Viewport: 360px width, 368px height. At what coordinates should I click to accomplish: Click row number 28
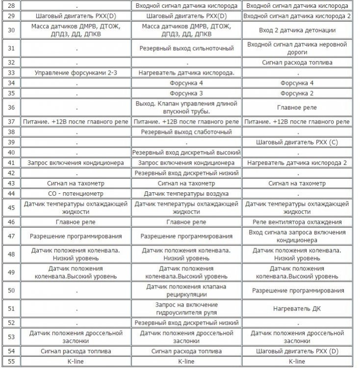pos(11,6)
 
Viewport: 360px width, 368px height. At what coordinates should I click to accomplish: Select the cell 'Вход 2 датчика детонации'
pos(297,30)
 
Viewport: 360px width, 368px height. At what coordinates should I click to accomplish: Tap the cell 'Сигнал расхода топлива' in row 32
pos(297,63)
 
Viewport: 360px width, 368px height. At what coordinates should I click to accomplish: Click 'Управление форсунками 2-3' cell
pos(76,73)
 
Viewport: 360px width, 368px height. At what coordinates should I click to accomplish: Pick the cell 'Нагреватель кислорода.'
pos(186,73)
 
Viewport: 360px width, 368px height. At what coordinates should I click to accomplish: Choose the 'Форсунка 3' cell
pos(186,93)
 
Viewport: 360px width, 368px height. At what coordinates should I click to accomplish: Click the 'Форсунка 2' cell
pos(297,93)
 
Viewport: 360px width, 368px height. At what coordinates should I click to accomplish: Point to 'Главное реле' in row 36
pos(297,107)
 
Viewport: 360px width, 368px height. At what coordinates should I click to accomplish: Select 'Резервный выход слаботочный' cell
pos(186,132)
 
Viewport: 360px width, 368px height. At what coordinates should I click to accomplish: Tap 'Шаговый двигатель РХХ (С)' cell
pos(297,142)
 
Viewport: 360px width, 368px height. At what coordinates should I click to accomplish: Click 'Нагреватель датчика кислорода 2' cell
pos(297,162)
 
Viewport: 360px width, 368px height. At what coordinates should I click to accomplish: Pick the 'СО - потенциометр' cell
pos(76,193)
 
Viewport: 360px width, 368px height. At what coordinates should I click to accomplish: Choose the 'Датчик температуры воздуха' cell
pos(186,193)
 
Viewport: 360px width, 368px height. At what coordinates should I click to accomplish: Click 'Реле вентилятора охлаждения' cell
pos(297,222)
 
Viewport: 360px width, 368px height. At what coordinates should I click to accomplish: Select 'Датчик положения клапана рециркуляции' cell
pos(186,290)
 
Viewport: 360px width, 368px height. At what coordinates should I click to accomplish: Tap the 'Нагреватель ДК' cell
pos(297,309)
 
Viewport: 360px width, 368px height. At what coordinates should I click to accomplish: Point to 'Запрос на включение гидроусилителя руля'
pos(186,309)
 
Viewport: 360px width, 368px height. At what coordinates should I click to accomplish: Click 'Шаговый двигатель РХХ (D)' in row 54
pos(297,351)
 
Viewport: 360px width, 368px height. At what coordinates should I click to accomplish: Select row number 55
pos(11,361)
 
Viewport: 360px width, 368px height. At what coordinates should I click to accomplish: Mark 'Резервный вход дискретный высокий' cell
pos(186,153)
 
